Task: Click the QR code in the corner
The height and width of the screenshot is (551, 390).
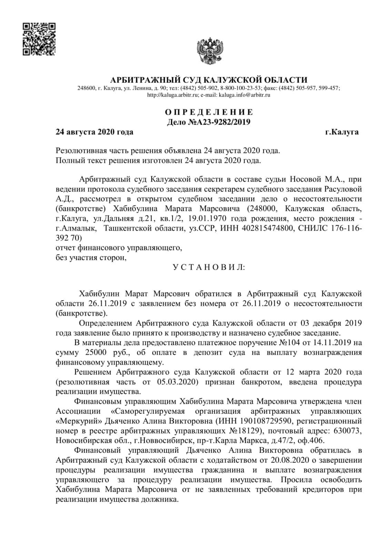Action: (x=39, y=39)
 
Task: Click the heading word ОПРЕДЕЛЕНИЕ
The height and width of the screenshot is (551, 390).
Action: (x=209, y=112)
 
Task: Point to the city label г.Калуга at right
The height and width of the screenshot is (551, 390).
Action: (x=342, y=132)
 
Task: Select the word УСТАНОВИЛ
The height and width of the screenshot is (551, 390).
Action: (x=209, y=267)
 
